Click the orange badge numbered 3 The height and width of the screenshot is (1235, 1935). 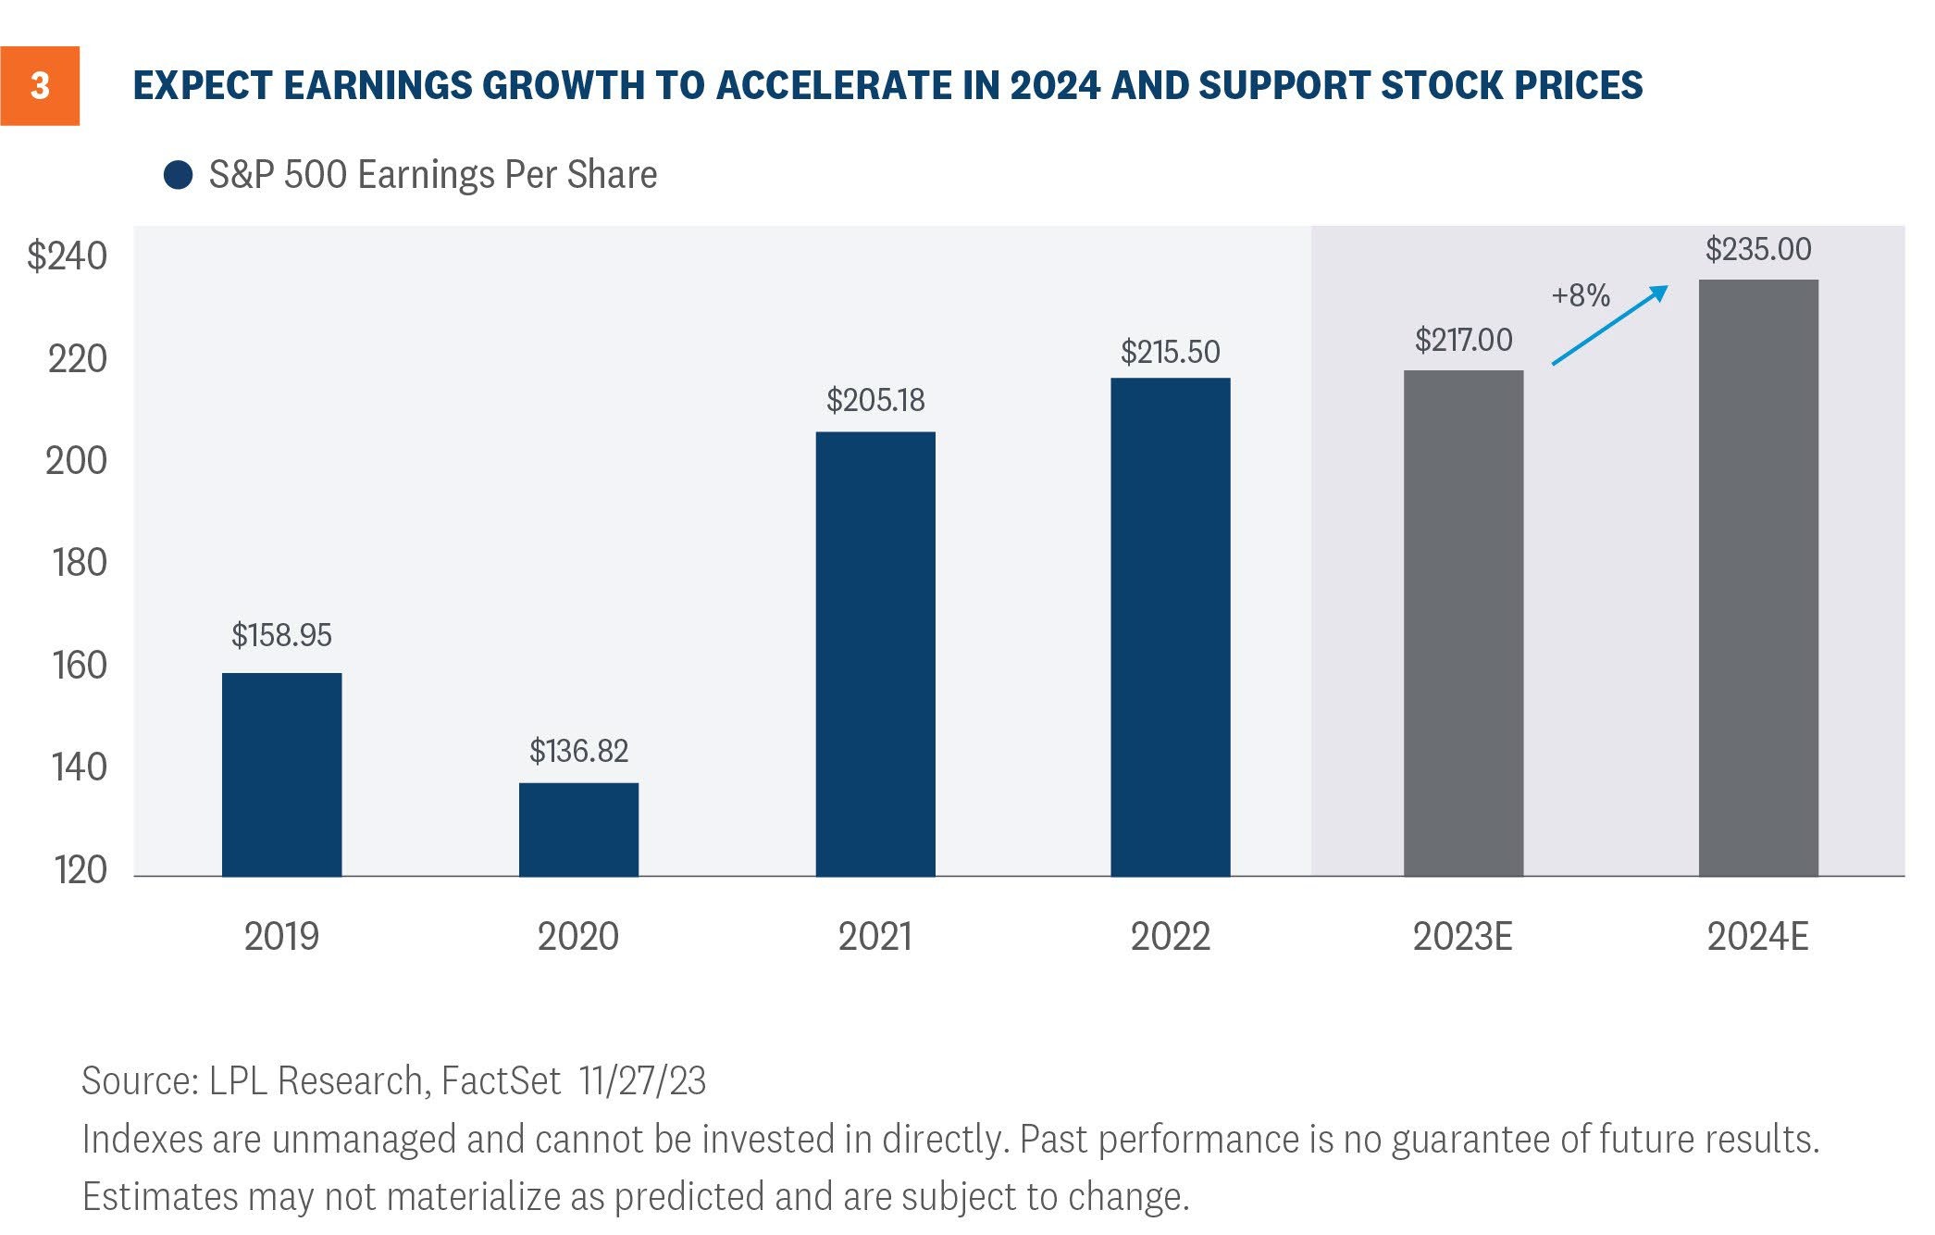pyautogui.click(x=40, y=86)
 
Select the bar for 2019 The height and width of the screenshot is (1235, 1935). pyautogui.click(x=282, y=774)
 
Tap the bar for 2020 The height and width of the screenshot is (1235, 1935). pyautogui.click(x=578, y=830)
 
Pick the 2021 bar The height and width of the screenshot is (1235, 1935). pyautogui.click(x=875, y=654)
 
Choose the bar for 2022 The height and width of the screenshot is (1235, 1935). pyautogui.click(x=1171, y=627)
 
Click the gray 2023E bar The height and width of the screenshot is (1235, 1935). pyautogui.click(x=1463, y=623)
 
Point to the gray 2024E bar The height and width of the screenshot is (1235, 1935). pyautogui.click(x=1758, y=578)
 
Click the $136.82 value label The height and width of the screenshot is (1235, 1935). pyautogui.click(x=578, y=751)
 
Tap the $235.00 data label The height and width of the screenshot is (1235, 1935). pyautogui.click(x=1758, y=249)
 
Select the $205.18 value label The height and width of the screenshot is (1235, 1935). pyautogui.click(x=875, y=400)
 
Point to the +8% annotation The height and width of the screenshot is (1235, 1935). pyautogui.click(x=1581, y=295)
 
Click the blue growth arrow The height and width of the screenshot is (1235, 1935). pyautogui.click(x=1610, y=325)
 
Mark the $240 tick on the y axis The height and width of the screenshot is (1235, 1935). pyautogui.click(x=67, y=256)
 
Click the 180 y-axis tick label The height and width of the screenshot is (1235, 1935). pyautogui.click(x=79, y=563)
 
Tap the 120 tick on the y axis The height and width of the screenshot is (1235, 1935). pyautogui.click(x=80, y=870)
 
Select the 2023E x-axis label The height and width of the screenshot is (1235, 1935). pyautogui.click(x=1462, y=937)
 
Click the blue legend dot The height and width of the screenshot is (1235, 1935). pyautogui.click(x=178, y=175)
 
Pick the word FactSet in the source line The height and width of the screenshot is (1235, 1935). pyautogui.click(x=501, y=1081)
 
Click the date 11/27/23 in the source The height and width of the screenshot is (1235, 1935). pyautogui.click(x=642, y=1081)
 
